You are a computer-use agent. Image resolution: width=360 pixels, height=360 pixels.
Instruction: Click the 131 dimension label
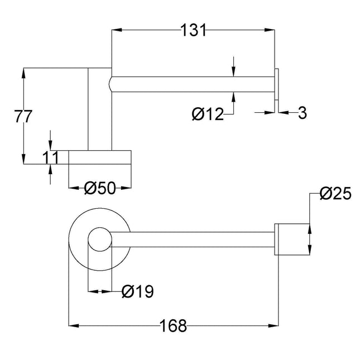193,30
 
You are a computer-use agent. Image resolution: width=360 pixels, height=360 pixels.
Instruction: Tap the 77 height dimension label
23,117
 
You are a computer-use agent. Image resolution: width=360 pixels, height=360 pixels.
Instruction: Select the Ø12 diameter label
208,114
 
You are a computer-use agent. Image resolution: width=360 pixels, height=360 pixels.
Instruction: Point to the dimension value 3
302,113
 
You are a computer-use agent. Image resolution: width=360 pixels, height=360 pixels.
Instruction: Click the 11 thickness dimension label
50,157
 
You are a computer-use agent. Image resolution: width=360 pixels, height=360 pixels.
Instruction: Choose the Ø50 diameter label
100,188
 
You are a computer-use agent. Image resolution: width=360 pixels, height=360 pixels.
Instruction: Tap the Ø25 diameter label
335,193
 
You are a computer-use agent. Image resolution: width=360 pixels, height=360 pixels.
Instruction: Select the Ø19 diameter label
138,291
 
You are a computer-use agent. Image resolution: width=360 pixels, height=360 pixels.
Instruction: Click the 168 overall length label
173,325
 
